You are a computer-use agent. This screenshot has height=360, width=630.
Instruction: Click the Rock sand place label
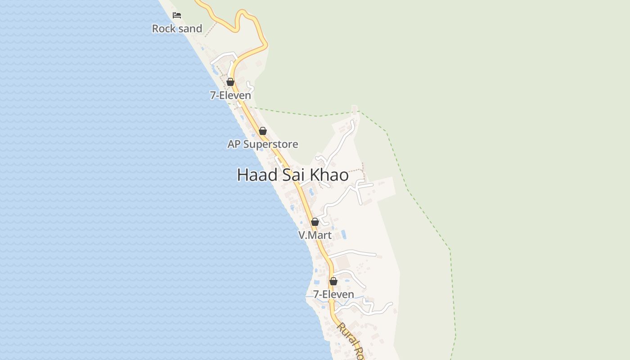177,28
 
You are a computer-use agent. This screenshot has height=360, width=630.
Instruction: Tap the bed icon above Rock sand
177,15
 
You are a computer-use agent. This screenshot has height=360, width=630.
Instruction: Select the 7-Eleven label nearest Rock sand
230,95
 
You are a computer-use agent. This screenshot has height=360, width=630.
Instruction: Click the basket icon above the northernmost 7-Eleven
230,82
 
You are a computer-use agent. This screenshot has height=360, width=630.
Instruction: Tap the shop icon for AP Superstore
263,131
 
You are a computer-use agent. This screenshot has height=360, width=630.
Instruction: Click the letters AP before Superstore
234,144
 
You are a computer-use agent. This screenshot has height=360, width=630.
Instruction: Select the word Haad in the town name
257,175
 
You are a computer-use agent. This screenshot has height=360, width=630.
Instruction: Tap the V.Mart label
315,235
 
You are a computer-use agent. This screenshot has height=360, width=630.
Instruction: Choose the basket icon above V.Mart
315,222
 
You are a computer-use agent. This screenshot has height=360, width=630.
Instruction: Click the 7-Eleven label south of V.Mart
333,294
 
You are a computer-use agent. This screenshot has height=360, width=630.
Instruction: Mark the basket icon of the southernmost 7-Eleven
333,281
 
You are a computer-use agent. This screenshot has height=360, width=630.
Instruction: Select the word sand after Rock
190,28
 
